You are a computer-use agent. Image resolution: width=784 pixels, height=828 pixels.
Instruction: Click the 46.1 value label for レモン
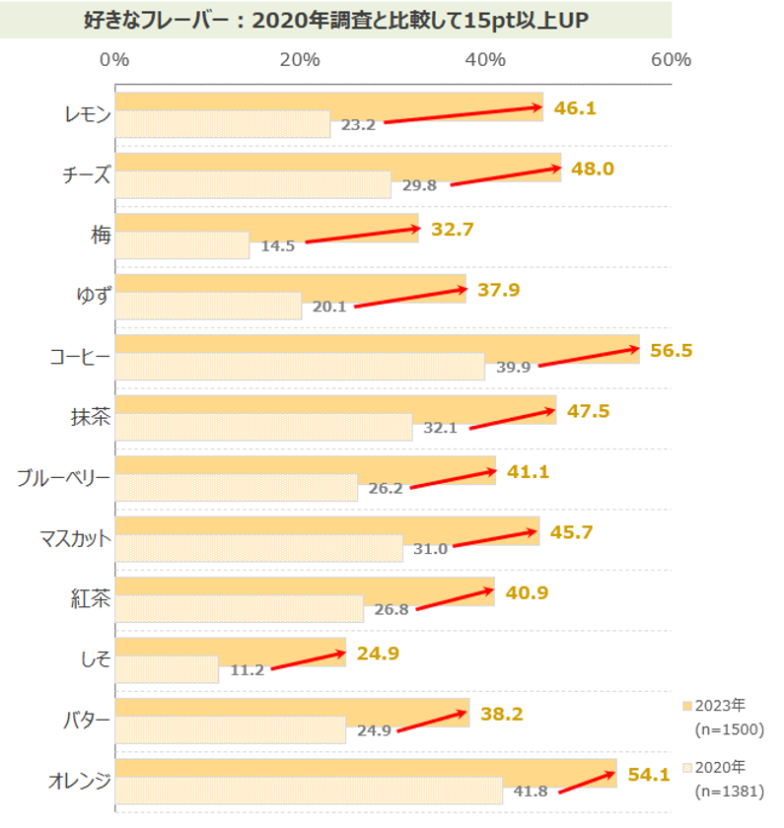point(576,108)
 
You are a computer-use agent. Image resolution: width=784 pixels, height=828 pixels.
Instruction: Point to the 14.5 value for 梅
point(278,246)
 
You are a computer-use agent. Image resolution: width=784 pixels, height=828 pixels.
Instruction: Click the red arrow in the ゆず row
point(410,298)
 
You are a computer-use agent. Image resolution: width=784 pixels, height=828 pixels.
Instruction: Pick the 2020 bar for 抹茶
point(263,428)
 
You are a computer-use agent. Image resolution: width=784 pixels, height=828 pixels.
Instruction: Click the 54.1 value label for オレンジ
point(649,775)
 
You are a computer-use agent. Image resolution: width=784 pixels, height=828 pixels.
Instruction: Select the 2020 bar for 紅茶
point(239,609)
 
